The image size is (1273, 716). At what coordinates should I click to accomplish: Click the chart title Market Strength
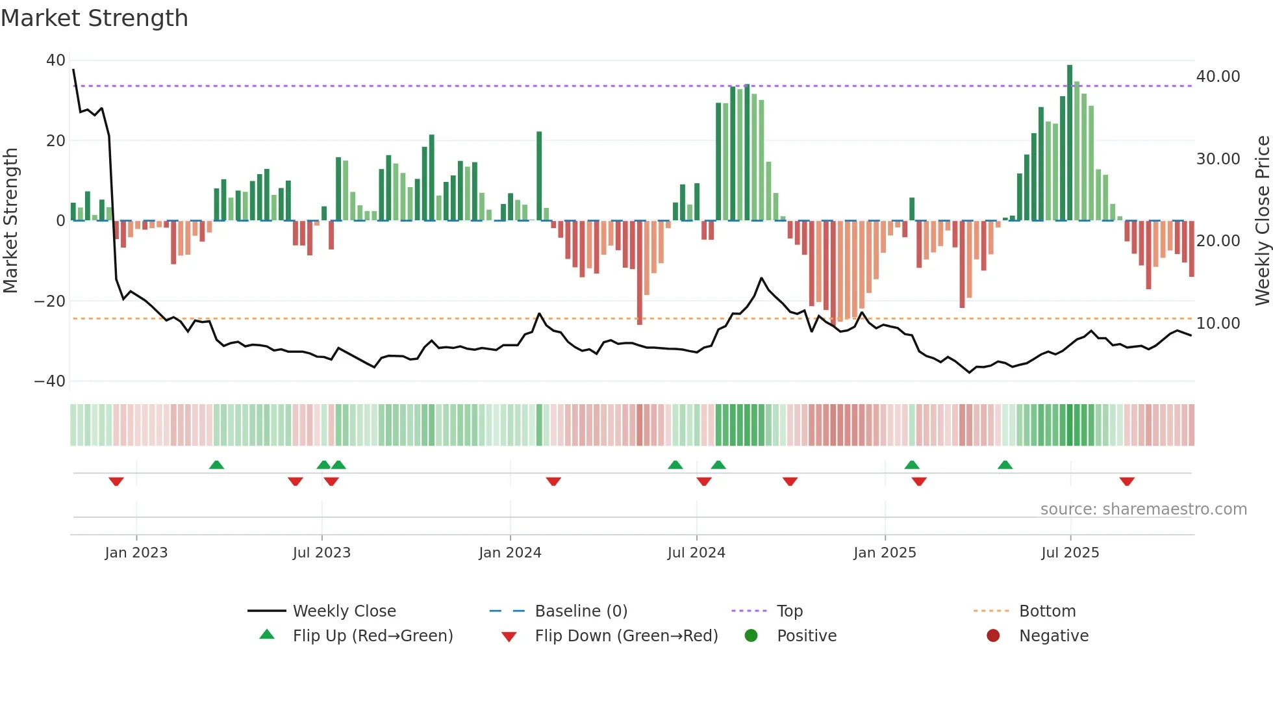pos(94,18)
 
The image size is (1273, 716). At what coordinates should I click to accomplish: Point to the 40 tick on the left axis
pos(56,60)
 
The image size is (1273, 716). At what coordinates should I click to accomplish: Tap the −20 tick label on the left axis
pos(50,301)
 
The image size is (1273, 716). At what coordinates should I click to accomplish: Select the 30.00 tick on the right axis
pos(1218,159)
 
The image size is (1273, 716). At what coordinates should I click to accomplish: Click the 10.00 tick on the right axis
pos(1218,324)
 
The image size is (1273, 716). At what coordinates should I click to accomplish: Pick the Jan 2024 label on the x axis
pos(510,553)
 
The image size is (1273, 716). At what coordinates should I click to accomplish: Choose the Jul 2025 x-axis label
pos(1070,553)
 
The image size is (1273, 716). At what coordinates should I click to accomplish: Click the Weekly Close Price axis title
pos(1262,221)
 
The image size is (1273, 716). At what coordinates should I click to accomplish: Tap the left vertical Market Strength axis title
pos(11,221)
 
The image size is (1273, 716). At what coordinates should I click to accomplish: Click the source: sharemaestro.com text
pos(1143,509)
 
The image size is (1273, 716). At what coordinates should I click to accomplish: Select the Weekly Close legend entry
pos(344,611)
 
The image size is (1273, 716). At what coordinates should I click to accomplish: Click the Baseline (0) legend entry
pos(581,611)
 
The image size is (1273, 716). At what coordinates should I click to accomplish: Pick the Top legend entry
pos(790,611)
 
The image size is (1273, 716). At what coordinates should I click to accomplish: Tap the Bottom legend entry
pos(1047,611)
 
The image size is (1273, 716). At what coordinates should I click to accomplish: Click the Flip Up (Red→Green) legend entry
pos(372,636)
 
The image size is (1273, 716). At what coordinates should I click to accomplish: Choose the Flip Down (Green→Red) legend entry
pos(626,636)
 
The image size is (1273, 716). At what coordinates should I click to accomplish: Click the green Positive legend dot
pos(751,636)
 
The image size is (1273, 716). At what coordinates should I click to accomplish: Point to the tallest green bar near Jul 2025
pos(1070,143)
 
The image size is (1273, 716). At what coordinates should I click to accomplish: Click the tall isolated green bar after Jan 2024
pos(539,175)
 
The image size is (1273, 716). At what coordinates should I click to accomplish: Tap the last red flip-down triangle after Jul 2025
pos(1127,481)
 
